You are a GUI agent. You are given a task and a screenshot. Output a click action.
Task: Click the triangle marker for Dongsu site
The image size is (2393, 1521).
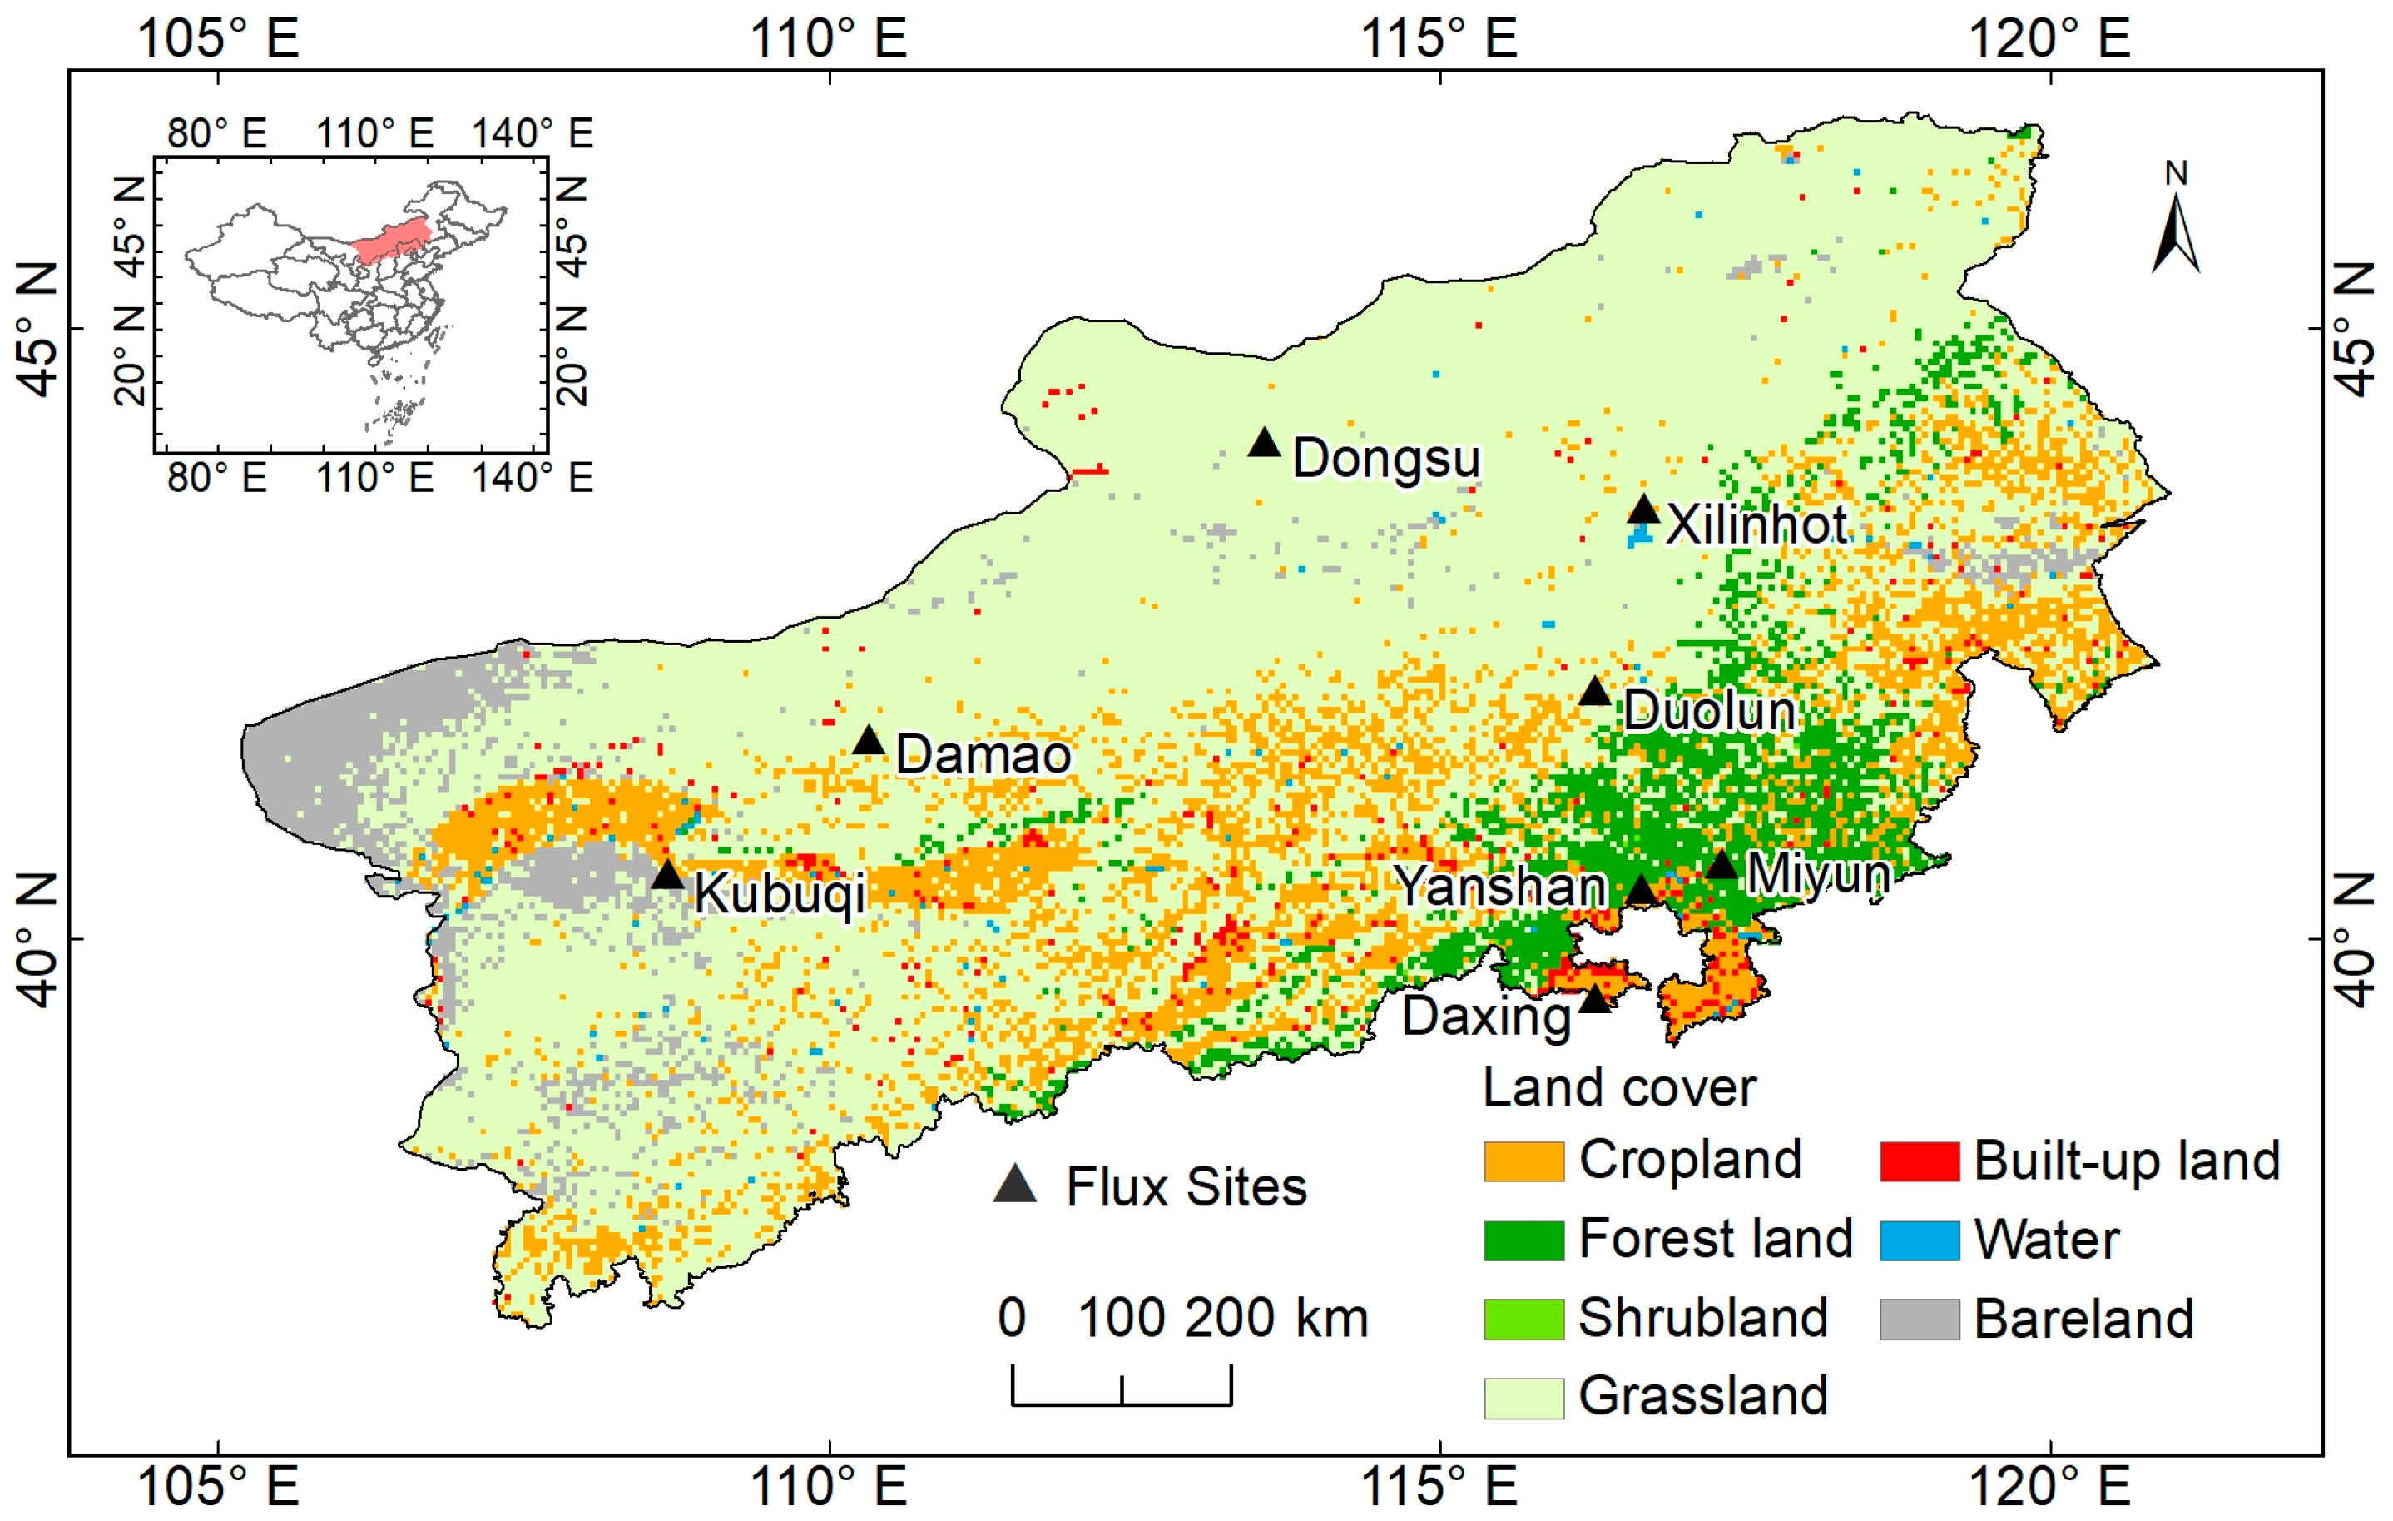tap(1263, 444)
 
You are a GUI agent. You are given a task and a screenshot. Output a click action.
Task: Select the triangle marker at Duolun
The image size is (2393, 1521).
tap(1594, 692)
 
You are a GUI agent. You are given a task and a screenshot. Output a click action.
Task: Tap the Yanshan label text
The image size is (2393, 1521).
tap(1499, 886)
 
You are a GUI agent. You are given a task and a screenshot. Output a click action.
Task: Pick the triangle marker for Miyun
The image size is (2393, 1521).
tap(1722, 866)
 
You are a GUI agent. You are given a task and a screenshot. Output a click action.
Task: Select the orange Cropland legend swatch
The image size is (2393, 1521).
tap(1523, 1161)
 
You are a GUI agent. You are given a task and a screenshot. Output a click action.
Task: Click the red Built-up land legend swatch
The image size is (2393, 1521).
tap(1918, 1161)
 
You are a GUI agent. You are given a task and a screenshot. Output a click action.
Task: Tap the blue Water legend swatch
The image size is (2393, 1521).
tap(1918, 1240)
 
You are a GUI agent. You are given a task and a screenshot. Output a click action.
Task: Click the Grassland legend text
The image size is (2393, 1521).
tap(1702, 1396)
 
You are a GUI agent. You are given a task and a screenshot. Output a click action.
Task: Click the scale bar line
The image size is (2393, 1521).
tap(1121, 1403)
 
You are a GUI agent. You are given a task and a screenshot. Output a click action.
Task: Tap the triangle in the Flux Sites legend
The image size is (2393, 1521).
tap(1014, 1185)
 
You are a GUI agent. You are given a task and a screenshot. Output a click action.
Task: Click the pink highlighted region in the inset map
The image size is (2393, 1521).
tap(394, 240)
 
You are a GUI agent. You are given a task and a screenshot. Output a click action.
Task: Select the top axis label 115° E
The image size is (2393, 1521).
tap(1438, 40)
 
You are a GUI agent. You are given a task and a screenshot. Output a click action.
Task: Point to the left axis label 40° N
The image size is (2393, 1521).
tap(37, 939)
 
